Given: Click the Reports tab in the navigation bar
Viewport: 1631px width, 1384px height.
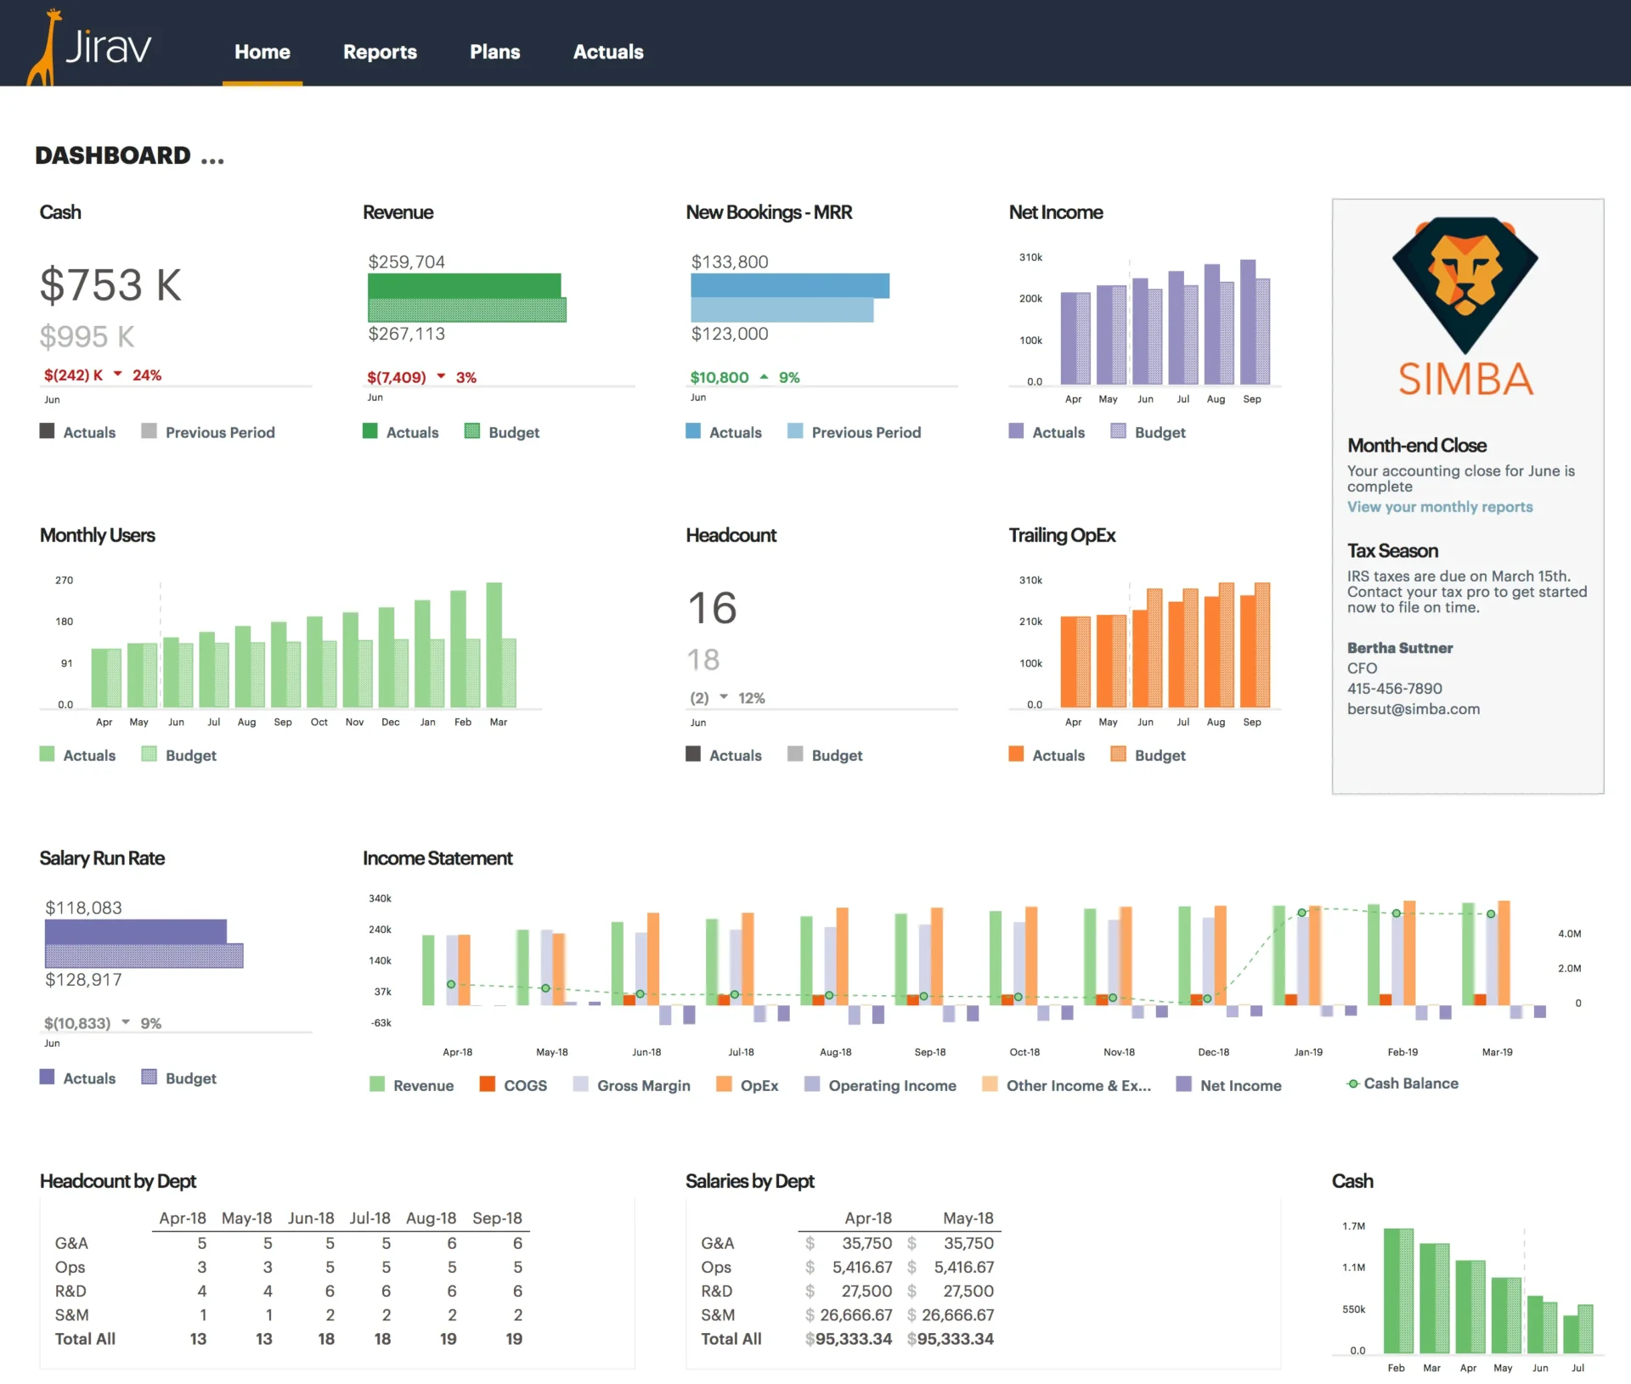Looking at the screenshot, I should click(380, 52).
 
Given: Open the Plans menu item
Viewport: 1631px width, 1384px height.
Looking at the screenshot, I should click(494, 52).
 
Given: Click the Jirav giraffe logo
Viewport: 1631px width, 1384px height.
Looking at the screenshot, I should click(90, 47).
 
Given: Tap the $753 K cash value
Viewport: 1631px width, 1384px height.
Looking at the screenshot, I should click(110, 284).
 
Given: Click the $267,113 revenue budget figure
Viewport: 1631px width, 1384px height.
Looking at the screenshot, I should click(406, 334).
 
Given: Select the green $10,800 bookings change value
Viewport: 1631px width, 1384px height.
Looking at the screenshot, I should click(719, 377).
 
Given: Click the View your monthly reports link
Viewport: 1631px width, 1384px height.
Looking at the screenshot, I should click(1439, 507).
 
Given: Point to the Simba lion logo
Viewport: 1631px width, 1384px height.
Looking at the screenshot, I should click(1465, 284).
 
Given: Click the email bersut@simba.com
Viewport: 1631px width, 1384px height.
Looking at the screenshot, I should click(1413, 709).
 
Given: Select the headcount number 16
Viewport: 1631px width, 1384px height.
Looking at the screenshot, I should click(712, 608).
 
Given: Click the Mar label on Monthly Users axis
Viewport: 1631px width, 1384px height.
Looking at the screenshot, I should click(499, 722).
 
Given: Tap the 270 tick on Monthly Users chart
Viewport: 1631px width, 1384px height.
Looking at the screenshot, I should click(65, 580).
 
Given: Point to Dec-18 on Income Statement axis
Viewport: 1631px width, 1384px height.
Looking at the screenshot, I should click(1213, 1052).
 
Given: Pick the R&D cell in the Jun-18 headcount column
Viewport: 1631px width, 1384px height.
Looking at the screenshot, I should click(330, 1291).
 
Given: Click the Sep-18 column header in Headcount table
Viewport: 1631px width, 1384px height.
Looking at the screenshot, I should click(497, 1218).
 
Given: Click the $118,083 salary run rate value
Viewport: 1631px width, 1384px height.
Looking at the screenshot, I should click(83, 908).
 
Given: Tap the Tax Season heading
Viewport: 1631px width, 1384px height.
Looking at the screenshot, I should click(1392, 551).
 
